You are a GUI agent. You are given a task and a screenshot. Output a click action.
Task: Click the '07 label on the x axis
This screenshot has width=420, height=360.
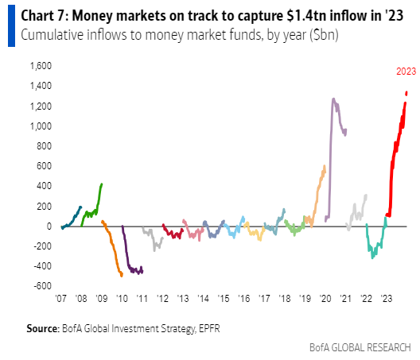point(61,299)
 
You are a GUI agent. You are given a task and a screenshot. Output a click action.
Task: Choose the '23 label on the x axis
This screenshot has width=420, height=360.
point(387,299)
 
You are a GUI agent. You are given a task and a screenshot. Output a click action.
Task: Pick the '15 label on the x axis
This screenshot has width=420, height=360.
point(224,299)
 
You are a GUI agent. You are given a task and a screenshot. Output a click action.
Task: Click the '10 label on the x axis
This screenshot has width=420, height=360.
point(122,299)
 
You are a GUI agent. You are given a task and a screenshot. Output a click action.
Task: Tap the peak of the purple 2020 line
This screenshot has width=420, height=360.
point(333,99)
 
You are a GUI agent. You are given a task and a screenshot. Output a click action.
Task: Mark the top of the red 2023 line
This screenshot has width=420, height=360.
point(406,93)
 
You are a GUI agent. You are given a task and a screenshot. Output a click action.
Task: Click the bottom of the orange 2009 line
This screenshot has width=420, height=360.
point(121,275)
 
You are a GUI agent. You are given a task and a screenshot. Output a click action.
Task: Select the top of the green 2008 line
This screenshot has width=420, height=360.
point(102,184)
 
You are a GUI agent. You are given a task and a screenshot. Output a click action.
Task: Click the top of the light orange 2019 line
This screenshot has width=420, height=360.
point(325,166)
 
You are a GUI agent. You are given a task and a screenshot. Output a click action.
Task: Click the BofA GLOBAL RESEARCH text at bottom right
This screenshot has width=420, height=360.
point(361,347)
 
